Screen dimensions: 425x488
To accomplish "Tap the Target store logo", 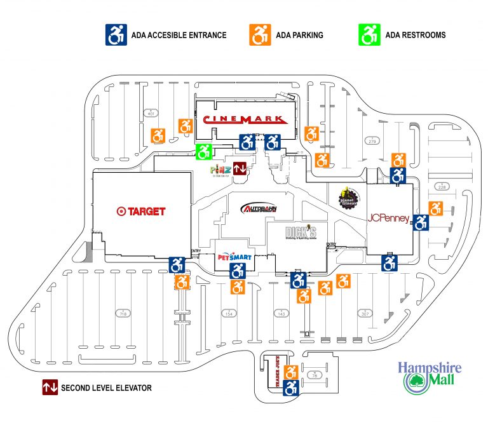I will pyautogui.click(x=141, y=211).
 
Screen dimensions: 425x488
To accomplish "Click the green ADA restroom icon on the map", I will pyautogui.click(x=203, y=151).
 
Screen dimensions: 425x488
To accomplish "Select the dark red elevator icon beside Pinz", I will pyautogui.click(x=240, y=169).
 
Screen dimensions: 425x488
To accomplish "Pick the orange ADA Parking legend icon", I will pyautogui.click(x=259, y=35).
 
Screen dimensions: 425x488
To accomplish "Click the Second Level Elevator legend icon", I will pyautogui.click(x=50, y=387).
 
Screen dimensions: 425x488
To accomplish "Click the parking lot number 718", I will pyautogui.click(x=121, y=314).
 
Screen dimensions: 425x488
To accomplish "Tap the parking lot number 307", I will pyautogui.click(x=365, y=314).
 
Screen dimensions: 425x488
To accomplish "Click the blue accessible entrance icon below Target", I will pyautogui.click(x=177, y=264).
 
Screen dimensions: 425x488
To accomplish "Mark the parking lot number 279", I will pyautogui.click(x=372, y=140).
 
